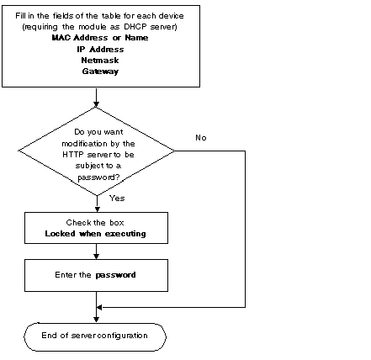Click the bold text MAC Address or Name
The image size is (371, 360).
100,38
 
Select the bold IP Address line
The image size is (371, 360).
100,50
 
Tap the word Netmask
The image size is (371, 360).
100,61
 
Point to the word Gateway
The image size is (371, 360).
100,71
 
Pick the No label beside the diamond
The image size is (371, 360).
201,138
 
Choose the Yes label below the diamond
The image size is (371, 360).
117,199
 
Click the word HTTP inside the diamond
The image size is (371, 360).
73,155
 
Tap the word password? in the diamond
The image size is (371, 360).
98,177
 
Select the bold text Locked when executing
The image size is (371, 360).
95,234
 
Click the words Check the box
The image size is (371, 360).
95,223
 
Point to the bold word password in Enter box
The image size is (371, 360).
115,275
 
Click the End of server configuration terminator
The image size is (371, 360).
95,336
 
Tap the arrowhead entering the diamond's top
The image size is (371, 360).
96,104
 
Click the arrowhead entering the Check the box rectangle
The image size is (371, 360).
98,209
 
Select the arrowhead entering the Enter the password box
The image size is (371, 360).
96,257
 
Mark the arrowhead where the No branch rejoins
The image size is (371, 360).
99,308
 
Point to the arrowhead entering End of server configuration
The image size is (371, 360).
96,320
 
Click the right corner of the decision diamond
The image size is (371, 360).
175,151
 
